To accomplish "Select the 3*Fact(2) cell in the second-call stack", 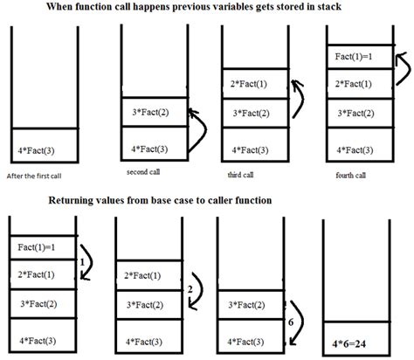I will coord(152,114).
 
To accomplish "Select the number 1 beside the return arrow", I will coord(81,261).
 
